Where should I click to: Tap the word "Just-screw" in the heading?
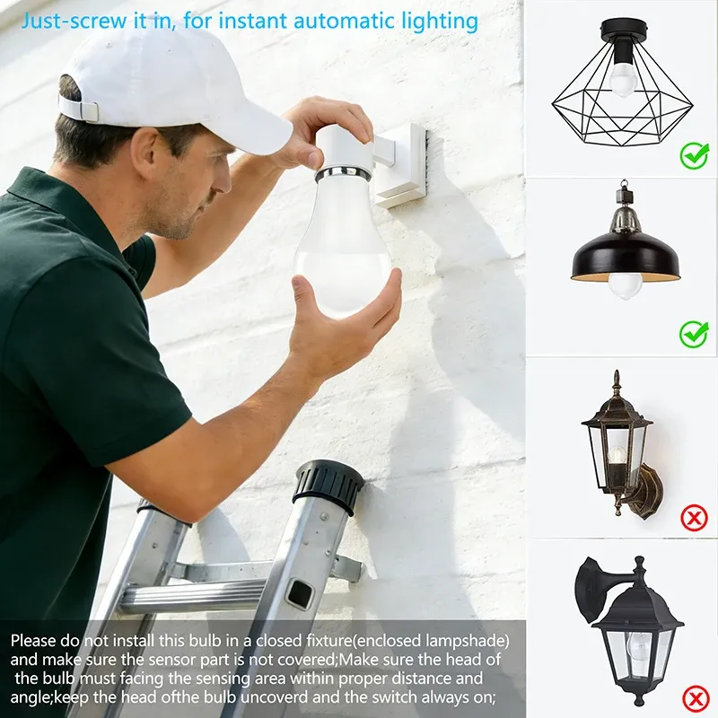pyautogui.click(x=74, y=22)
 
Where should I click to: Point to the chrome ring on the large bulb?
pyautogui.click(x=340, y=174)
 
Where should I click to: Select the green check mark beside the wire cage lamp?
pyautogui.click(x=694, y=155)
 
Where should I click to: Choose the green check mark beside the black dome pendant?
pyautogui.click(x=694, y=334)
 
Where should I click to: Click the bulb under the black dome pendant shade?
pyautogui.click(x=625, y=285)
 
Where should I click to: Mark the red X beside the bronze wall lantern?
pyautogui.click(x=694, y=518)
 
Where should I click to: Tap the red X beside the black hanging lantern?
pyautogui.click(x=696, y=699)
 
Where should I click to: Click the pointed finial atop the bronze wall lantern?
pyautogui.click(x=617, y=380)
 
